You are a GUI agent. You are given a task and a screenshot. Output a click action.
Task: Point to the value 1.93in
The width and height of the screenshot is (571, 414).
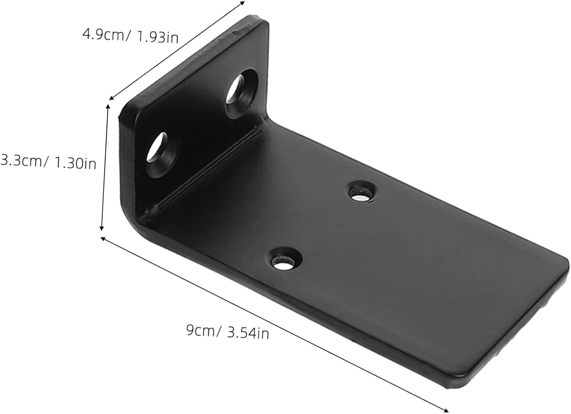click(156, 37)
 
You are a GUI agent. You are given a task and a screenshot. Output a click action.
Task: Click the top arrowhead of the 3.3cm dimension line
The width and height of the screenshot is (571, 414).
click(108, 107)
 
